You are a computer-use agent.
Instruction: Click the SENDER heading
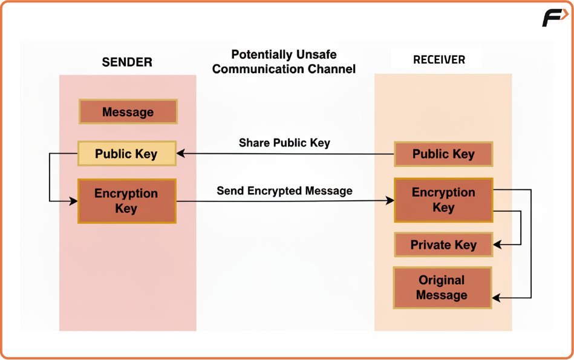pyautogui.click(x=127, y=62)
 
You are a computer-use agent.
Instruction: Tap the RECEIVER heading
pyautogui.click(x=439, y=60)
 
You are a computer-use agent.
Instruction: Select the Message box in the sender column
pyautogui.click(x=128, y=111)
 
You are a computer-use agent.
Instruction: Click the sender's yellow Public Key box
pyautogui.click(x=127, y=154)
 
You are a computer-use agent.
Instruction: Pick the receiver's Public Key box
pyautogui.click(x=443, y=154)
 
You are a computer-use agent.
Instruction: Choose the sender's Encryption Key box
pyautogui.click(x=127, y=201)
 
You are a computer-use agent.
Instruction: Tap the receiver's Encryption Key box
pyautogui.click(x=443, y=200)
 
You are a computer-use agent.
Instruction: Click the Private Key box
pyautogui.click(x=443, y=244)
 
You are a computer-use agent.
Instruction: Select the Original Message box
pyautogui.click(x=442, y=287)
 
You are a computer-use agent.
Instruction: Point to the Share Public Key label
pyautogui.click(x=284, y=142)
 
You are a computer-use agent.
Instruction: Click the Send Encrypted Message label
pyautogui.click(x=284, y=191)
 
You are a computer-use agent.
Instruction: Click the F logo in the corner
pyautogui.click(x=555, y=18)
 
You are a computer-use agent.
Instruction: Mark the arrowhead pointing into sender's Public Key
pyautogui.click(x=181, y=154)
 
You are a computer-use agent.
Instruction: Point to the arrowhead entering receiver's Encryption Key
pyautogui.click(x=390, y=200)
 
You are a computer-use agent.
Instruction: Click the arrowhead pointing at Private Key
pyautogui.click(x=498, y=244)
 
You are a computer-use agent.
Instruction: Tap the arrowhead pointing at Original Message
pyautogui.click(x=497, y=298)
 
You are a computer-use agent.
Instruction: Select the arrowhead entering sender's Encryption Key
pyautogui.click(x=73, y=201)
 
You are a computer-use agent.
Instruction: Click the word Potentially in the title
pyautogui.click(x=257, y=54)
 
